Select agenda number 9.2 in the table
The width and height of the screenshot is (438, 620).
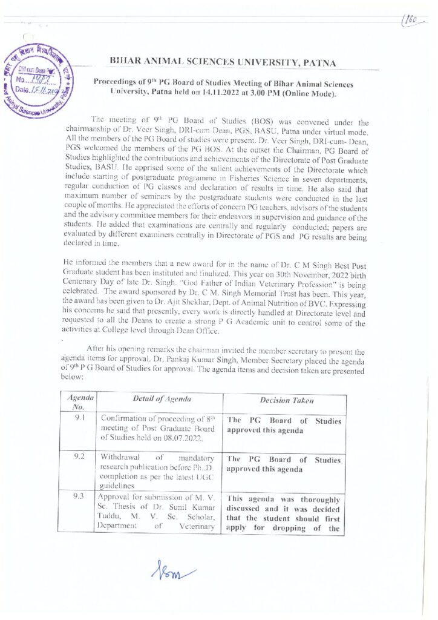click(79, 457)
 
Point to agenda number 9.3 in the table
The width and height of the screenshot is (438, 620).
click(79, 496)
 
